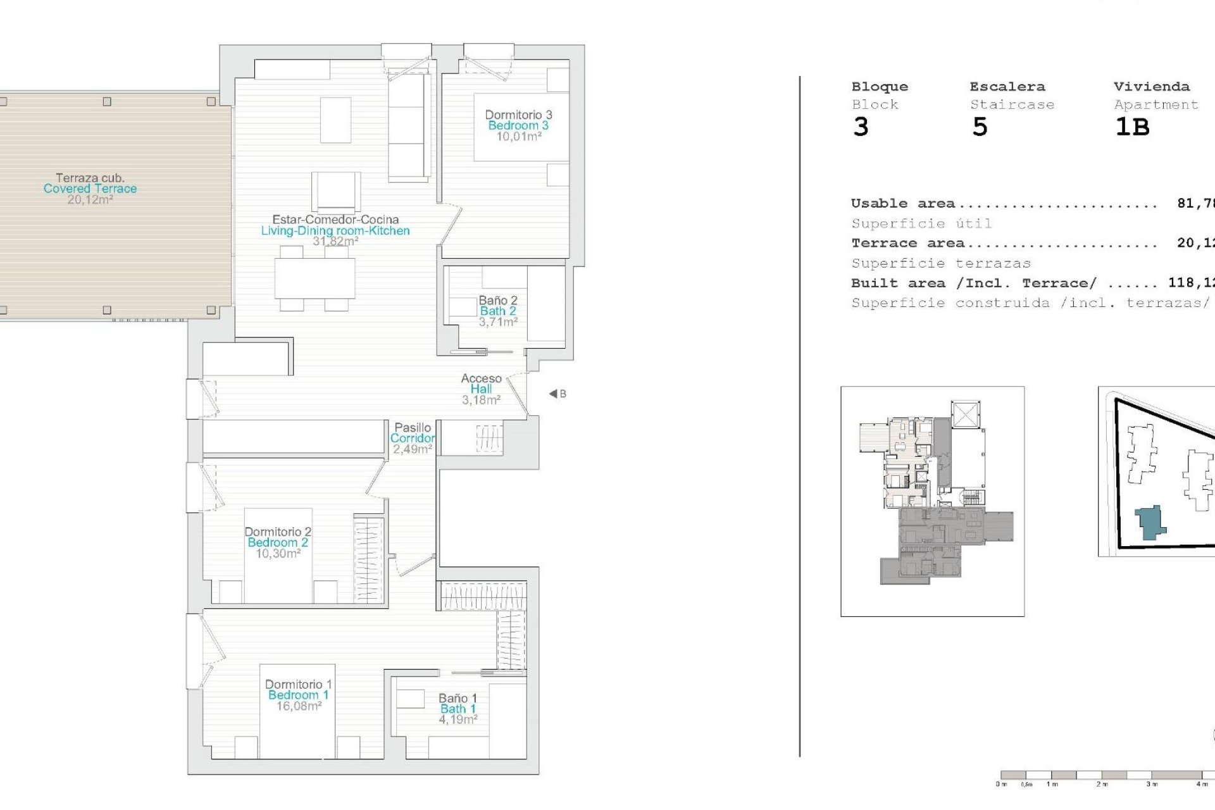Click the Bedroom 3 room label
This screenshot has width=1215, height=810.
tap(518, 125)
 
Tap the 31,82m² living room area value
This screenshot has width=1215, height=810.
tap(335, 241)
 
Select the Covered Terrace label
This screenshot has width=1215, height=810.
tap(90, 189)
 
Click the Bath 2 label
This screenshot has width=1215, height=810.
tap(498, 311)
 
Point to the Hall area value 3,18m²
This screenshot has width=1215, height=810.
tap(481, 400)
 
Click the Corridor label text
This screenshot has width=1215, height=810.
tap(413, 438)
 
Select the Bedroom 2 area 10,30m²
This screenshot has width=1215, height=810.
tap(278, 554)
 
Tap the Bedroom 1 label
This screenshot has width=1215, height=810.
tap(298, 695)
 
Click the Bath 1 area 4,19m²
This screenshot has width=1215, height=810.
tap(458, 720)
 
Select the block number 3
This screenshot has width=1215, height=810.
tap(861, 127)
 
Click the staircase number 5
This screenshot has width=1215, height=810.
tap(980, 127)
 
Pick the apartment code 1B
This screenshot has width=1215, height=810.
tap(1131, 127)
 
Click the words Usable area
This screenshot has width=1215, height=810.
tap(902, 204)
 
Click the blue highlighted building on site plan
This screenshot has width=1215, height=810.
tap(1150, 523)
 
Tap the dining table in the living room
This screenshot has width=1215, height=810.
tap(315, 279)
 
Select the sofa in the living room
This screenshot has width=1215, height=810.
tap(409, 127)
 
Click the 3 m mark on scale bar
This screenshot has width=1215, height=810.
tap(1152, 784)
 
